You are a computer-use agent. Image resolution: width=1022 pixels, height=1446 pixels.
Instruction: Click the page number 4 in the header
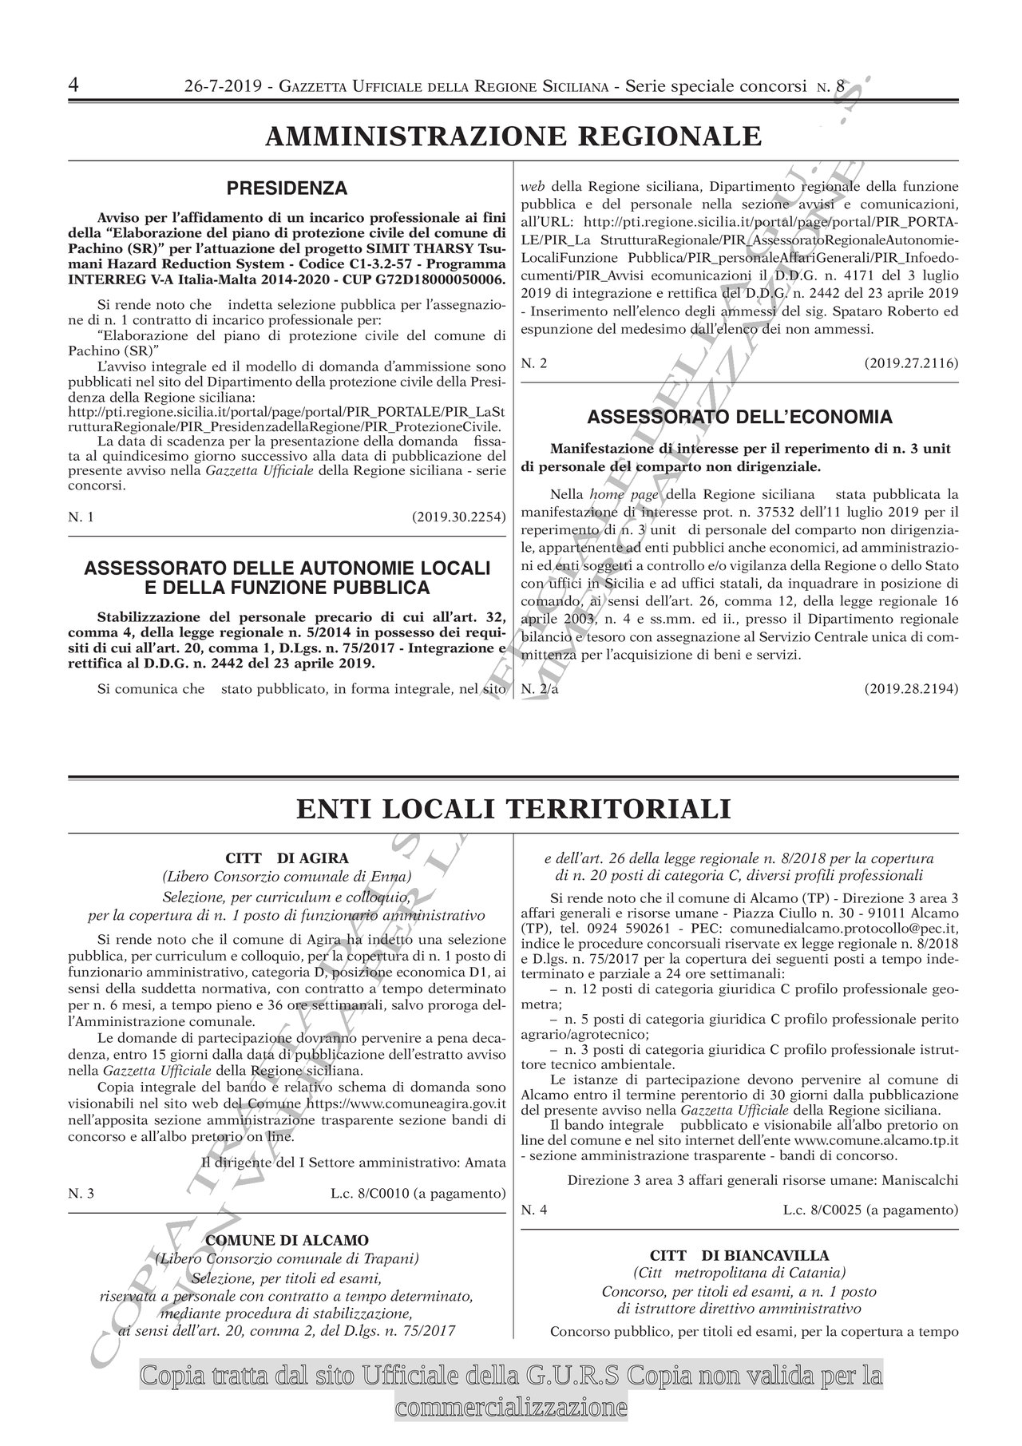pyautogui.click(x=73, y=85)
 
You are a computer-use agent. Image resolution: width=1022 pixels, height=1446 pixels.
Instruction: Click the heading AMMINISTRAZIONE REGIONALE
pyautogui.click(x=513, y=136)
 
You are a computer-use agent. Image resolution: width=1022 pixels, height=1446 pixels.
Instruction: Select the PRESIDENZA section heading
pyautogui.click(x=287, y=188)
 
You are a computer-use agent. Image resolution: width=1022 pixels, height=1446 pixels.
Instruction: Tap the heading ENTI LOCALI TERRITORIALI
pyautogui.click(x=513, y=809)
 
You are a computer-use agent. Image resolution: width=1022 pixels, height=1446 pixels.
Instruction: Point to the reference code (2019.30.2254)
pyautogui.click(x=459, y=517)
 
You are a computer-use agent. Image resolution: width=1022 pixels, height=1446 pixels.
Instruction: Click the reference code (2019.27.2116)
pyautogui.click(x=911, y=363)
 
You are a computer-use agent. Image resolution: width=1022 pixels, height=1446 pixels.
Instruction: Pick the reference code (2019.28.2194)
pyautogui.click(x=911, y=688)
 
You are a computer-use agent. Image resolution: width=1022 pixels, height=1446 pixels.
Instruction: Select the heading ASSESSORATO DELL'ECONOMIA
pyautogui.click(x=740, y=417)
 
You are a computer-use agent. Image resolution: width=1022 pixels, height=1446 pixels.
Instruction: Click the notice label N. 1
pyautogui.click(x=81, y=517)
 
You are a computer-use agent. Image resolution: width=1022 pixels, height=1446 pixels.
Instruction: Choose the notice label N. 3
pyautogui.click(x=81, y=1194)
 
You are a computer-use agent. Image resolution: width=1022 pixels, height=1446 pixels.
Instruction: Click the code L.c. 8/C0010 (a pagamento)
pyautogui.click(x=418, y=1194)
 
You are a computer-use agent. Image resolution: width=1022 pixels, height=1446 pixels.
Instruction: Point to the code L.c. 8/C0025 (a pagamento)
pyautogui.click(x=870, y=1210)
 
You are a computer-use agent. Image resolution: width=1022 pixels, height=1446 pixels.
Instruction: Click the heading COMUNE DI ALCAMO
pyautogui.click(x=287, y=1240)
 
